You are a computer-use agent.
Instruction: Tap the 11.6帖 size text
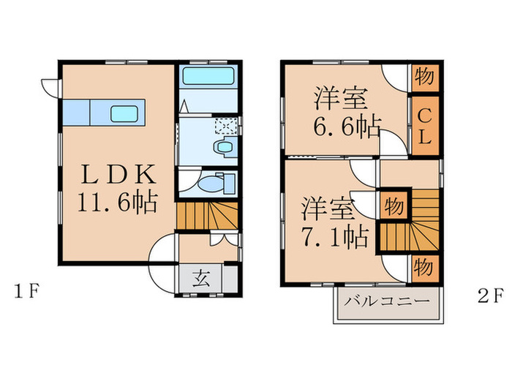118,201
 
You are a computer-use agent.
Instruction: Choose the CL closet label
424,125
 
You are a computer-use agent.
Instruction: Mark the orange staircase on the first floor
208,217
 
